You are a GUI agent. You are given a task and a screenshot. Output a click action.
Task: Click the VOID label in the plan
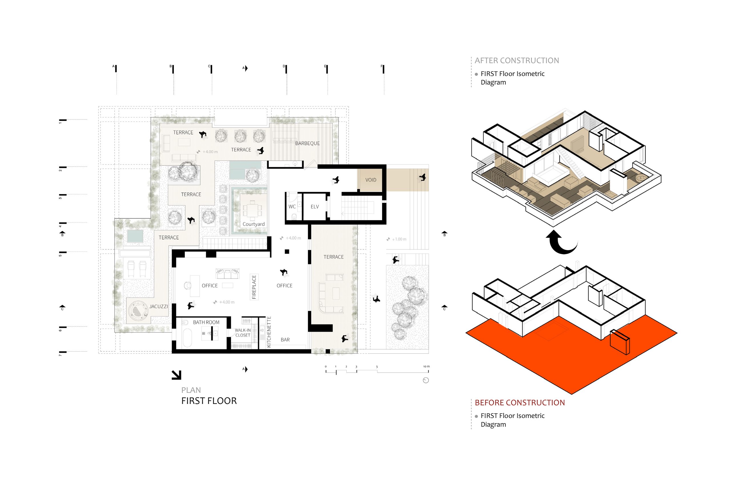371,180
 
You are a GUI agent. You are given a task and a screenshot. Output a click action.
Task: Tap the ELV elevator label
315,207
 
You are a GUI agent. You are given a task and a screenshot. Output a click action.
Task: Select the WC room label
292,207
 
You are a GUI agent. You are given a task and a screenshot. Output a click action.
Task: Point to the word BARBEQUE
307,143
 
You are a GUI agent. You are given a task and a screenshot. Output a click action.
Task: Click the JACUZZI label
158,306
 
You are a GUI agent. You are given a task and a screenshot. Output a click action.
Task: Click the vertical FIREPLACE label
254,287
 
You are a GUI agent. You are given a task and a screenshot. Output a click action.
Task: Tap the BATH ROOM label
206,322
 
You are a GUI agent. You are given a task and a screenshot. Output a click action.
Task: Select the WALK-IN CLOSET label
243,333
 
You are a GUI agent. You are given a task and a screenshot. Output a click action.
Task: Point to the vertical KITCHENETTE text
269,332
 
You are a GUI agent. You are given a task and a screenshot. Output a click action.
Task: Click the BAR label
285,340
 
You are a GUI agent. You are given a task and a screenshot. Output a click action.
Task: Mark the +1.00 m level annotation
397,239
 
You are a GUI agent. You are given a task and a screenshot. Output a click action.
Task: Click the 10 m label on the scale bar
426,367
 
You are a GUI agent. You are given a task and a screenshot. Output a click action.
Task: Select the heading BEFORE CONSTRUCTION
520,403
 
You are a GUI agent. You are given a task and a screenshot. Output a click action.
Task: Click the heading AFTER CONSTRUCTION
517,61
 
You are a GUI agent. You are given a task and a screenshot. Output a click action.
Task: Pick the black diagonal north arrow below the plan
176,375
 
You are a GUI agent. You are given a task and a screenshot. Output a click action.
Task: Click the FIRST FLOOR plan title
209,401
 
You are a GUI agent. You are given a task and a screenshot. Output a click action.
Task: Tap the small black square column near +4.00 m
287,251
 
